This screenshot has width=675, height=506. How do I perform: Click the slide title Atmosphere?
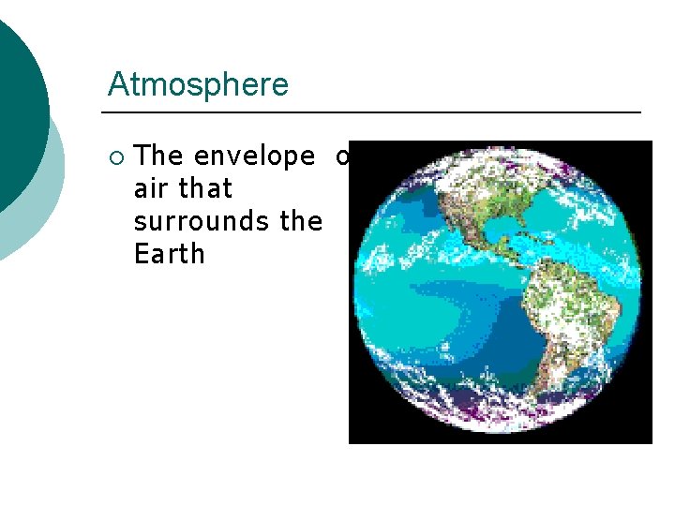pos(198,84)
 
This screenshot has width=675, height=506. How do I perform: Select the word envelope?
pos(254,156)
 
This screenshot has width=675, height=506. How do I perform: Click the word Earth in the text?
pos(169,254)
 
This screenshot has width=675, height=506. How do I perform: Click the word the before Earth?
pos(301,222)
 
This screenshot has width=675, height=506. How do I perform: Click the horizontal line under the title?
pos(375,112)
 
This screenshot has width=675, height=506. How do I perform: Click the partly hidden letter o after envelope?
pos(343,156)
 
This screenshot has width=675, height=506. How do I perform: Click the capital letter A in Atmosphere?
pos(118,84)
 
